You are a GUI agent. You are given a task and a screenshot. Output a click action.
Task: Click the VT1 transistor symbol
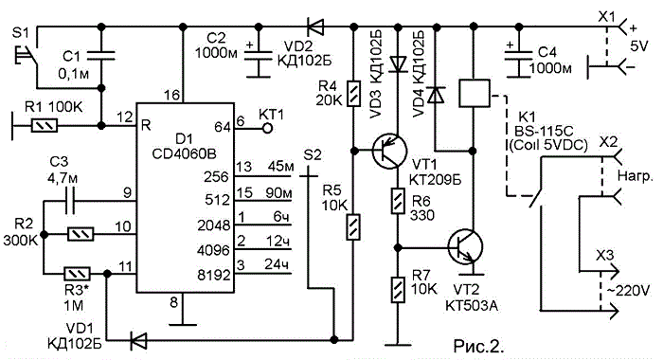[x=389, y=151]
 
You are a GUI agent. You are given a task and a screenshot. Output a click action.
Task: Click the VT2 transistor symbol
[x=466, y=246]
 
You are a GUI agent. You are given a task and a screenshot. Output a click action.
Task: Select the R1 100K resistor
[x=45, y=126]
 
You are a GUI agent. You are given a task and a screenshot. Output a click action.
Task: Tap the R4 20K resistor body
[x=353, y=93]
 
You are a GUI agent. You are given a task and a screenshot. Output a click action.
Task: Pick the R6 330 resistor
[x=397, y=202]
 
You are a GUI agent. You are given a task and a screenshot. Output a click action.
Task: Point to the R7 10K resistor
[x=397, y=290]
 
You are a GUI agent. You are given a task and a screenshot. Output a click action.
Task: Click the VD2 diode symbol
[x=315, y=27]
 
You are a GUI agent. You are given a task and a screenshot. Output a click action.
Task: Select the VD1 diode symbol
[x=138, y=339]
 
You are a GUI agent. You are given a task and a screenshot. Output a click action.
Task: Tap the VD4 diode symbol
[x=436, y=95]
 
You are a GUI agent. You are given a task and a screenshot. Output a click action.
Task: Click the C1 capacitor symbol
[x=100, y=56]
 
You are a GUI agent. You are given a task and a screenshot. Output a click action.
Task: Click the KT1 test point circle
[x=267, y=128]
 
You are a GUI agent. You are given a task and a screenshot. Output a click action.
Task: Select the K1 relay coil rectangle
[x=474, y=93]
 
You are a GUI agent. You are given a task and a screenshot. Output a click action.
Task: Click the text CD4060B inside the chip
[x=184, y=153]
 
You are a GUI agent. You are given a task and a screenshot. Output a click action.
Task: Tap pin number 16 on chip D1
[x=171, y=95]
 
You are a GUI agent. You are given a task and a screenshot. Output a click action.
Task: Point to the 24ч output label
[x=277, y=264]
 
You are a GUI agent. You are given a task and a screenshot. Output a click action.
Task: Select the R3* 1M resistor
[x=77, y=274]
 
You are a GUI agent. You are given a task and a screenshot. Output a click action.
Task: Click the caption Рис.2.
[x=478, y=346]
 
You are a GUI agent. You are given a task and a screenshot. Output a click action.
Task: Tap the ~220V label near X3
[x=628, y=291]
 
